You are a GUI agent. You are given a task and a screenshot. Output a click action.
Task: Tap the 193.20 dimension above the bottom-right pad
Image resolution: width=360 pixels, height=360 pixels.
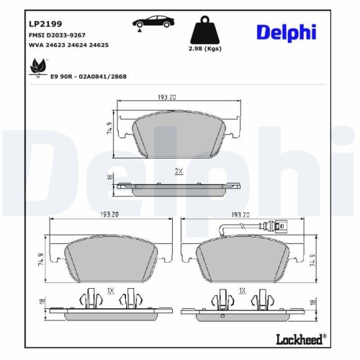(x=239, y=215)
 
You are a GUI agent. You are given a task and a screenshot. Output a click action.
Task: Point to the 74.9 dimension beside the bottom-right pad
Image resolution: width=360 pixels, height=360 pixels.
(x=313, y=260)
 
